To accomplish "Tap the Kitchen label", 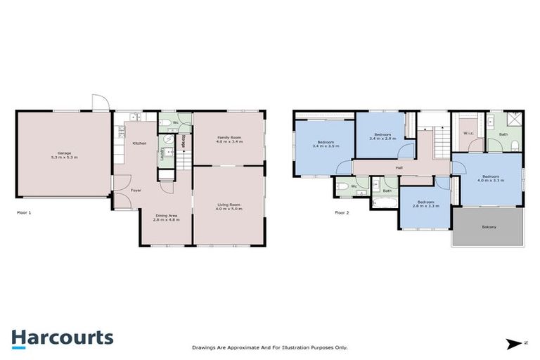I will coord(139,143).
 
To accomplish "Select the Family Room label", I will coord(229,137).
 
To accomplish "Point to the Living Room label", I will coord(229,204).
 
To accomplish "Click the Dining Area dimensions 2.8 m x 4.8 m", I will coord(166,219).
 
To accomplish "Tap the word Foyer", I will coord(136,190).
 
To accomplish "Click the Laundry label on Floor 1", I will coord(163,153).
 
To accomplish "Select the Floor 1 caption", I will coord(24,212).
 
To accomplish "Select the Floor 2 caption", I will coord(342,212).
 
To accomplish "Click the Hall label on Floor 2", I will coord(399,167).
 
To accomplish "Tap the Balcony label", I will coord(489,226).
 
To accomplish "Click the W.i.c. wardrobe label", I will coord(468,134).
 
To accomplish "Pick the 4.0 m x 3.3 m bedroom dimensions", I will coord(490,180).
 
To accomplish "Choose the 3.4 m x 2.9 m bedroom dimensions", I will coord(382,139).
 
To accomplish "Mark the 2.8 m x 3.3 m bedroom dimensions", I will coord(425,206).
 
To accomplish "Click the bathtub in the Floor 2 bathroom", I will coord(386,200).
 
